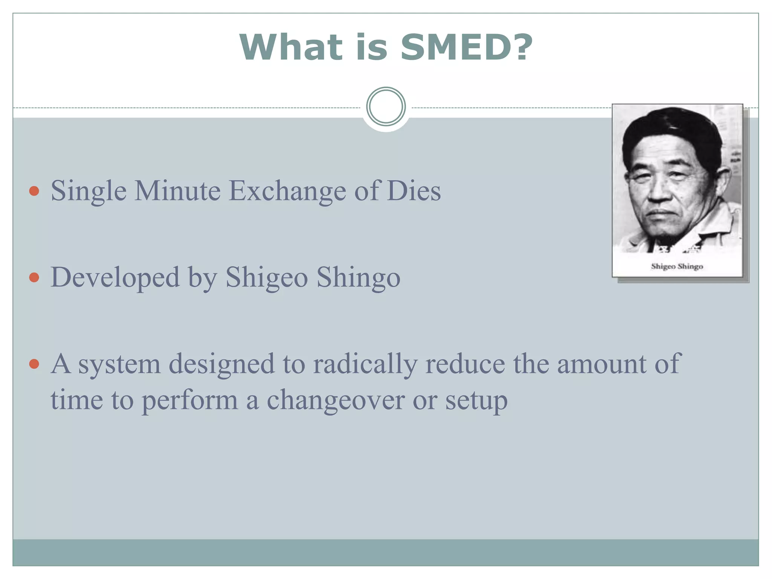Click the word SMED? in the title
pyautogui.click(x=466, y=47)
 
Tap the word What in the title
pyautogui.click(x=291, y=47)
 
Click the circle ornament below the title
pyautogui.click(x=386, y=107)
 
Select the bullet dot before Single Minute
pyautogui.click(x=34, y=191)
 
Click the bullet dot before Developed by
pyautogui.click(x=34, y=277)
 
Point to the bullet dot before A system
pyautogui.click(x=34, y=364)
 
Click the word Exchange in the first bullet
pyautogui.click(x=287, y=191)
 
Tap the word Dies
pyautogui.click(x=414, y=191)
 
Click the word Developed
pyautogui.click(x=115, y=277)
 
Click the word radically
pyautogui.click(x=365, y=364)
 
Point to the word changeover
pyautogui.click(x=335, y=400)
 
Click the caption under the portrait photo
pyautogui.click(x=677, y=267)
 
